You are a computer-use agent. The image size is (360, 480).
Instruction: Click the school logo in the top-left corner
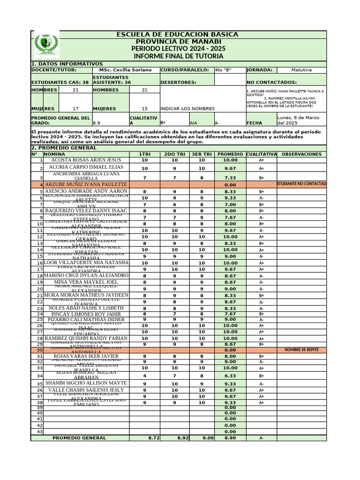point(45,45)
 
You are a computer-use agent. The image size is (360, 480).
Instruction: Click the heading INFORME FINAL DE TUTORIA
point(179,56)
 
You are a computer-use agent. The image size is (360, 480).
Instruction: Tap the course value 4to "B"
point(223,70)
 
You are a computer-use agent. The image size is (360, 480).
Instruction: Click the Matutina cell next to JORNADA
point(301,70)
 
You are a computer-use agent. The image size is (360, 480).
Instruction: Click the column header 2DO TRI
point(174,154)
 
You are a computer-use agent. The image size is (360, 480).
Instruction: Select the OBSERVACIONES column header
point(301,154)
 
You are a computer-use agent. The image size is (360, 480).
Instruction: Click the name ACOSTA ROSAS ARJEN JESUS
point(86,160)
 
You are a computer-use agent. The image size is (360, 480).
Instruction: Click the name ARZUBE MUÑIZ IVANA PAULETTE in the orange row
point(86,185)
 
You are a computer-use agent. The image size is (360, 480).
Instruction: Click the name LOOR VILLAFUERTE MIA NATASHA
point(86,262)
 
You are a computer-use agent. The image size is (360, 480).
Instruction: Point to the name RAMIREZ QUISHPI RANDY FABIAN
point(86,338)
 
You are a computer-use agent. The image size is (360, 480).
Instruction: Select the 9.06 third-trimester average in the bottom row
point(208,438)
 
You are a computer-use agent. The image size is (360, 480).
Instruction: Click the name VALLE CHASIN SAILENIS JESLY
point(86,390)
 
